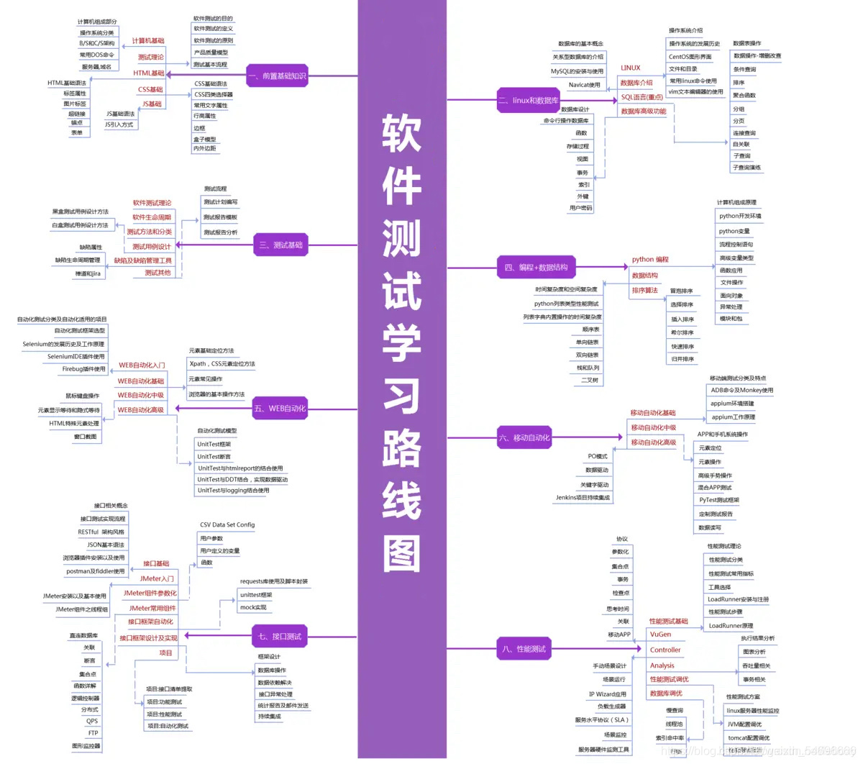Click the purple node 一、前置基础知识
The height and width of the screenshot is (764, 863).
coord(278,76)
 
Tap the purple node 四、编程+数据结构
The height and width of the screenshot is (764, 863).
coord(536,268)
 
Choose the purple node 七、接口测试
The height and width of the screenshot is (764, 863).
coord(280,637)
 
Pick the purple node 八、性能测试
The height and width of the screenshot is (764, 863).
coord(524,649)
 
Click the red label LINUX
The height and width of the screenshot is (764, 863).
coord(631,68)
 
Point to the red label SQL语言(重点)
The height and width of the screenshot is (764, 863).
coord(641,97)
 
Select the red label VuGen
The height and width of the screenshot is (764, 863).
coord(660,635)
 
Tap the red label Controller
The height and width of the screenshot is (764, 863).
coord(665,650)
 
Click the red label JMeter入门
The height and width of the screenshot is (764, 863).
coord(157,578)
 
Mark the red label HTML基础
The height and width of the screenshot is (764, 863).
coord(149,73)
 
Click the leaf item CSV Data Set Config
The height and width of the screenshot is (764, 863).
coord(227,524)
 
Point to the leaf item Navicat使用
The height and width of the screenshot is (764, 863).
coord(584,85)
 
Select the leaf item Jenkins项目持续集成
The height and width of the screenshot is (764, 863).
coord(583,497)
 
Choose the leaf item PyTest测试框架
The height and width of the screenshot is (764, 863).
coord(719,500)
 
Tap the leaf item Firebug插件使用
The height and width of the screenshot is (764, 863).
coord(83,369)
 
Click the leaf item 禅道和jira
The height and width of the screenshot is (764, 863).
coord(88,274)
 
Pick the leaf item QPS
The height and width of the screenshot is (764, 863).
coord(92,721)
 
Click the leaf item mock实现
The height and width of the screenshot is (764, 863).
coord(253,607)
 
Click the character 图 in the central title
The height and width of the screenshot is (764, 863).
coord(401,554)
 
